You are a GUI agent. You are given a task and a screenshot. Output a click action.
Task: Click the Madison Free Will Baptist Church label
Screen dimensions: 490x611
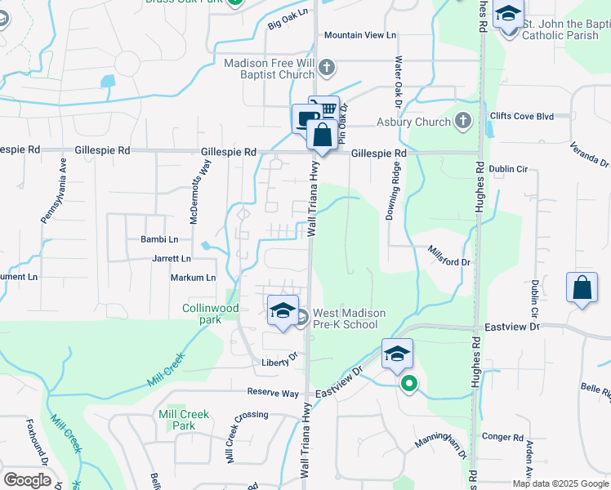[x=270, y=68]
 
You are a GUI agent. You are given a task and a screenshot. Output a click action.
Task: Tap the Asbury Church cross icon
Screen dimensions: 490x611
[x=463, y=122]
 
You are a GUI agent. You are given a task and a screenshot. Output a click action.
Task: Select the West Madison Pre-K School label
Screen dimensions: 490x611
[x=346, y=318]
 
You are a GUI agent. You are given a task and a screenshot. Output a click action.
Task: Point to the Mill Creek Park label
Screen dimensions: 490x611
[x=184, y=420]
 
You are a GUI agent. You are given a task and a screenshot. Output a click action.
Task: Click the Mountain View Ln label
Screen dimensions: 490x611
[x=359, y=35]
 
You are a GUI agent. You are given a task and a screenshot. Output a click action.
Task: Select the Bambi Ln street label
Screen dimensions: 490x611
[x=161, y=239]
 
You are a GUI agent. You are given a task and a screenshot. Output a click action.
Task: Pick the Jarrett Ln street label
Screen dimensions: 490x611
[x=171, y=258]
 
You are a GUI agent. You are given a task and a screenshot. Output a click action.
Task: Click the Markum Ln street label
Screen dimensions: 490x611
[x=193, y=278]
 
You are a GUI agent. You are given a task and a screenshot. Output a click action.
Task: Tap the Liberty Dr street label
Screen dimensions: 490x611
[x=278, y=362]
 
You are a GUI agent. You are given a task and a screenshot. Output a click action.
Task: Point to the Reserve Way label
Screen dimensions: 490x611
[x=273, y=393]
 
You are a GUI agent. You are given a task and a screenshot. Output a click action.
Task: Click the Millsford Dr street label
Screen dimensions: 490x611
[x=450, y=256]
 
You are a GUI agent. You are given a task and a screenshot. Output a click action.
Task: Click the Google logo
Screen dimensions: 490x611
[x=27, y=480]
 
